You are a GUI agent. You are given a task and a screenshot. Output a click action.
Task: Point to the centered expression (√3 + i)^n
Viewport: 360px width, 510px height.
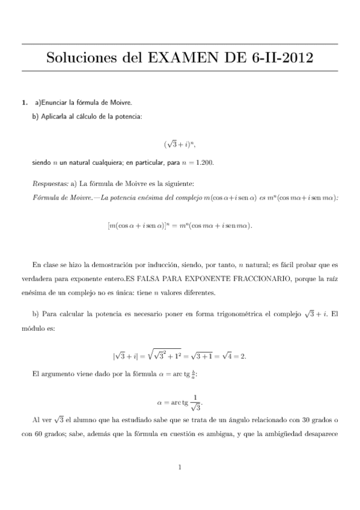180,144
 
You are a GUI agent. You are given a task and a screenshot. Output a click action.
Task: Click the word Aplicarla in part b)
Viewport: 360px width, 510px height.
55,116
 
